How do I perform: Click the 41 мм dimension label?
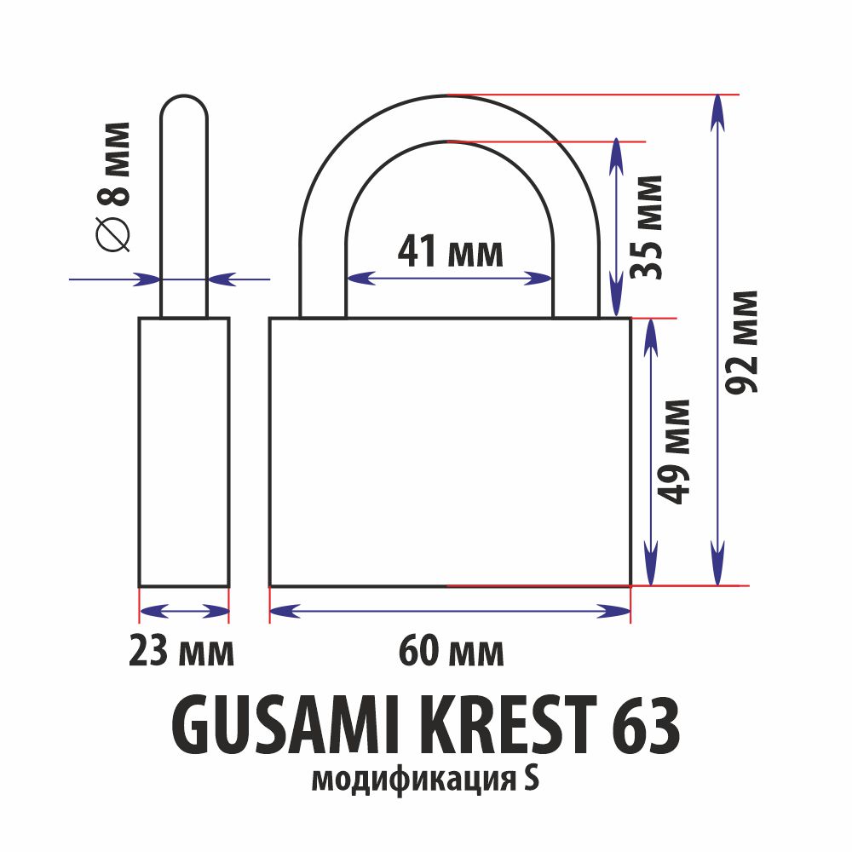451,251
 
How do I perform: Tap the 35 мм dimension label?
646,227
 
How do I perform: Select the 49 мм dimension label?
673,452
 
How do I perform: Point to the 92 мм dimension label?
741,343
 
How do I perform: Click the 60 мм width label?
451,651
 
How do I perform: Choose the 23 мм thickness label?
181,651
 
